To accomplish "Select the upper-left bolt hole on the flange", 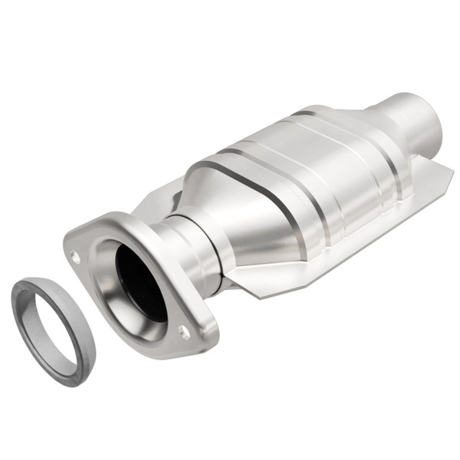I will click(75, 256).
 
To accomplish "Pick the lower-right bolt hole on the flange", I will click(184, 331).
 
